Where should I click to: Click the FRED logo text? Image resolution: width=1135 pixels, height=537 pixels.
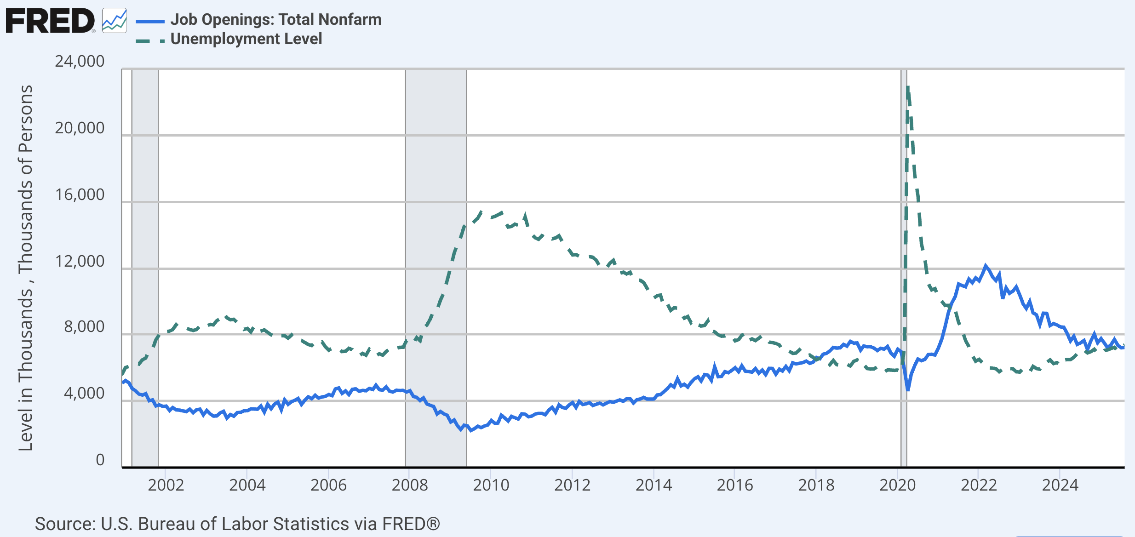(50, 21)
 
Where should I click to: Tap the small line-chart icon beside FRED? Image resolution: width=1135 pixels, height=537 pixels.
(114, 21)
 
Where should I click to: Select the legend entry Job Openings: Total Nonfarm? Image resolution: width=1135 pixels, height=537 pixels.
(276, 20)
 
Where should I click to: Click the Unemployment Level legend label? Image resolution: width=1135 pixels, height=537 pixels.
(246, 39)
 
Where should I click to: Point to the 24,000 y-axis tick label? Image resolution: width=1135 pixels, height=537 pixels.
(80, 61)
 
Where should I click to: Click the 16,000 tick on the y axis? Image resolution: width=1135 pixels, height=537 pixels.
(80, 194)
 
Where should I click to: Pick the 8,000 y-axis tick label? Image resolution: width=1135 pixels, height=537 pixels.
(84, 327)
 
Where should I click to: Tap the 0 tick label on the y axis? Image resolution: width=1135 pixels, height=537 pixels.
(100, 460)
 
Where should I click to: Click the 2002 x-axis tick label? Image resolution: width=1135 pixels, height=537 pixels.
(166, 485)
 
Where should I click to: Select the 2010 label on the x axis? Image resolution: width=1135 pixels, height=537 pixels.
(491, 485)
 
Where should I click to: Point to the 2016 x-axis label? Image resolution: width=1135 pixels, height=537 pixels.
(734, 485)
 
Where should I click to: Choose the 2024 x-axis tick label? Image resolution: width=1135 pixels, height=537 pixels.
(1060, 485)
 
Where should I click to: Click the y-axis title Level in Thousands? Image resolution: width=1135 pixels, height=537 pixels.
(25, 268)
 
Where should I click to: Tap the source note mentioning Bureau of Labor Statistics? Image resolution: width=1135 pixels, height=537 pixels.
(237, 524)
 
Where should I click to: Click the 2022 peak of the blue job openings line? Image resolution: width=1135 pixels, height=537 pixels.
(985, 266)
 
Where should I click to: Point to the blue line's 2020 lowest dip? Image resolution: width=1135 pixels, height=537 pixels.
(908, 390)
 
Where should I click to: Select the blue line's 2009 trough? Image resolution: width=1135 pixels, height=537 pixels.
(470, 430)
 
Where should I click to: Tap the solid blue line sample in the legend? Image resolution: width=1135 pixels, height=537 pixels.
(150, 21)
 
